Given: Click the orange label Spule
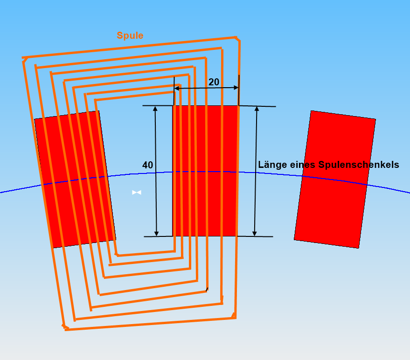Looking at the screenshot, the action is (x=130, y=35).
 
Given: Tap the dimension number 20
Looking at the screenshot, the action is (x=214, y=82).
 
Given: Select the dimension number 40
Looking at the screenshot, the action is (x=148, y=165).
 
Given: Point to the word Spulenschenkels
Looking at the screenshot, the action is (x=359, y=165).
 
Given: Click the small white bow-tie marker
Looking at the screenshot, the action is (x=137, y=193).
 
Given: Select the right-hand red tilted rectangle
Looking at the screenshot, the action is (x=335, y=180).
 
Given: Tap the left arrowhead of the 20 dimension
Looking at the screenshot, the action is (x=176, y=88).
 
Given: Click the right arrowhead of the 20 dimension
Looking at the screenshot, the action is (x=236, y=88).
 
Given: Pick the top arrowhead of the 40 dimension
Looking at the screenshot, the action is (x=155, y=109).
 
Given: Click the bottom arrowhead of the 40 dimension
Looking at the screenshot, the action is (x=156, y=234).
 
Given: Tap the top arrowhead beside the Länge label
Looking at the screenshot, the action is (x=257, y=109).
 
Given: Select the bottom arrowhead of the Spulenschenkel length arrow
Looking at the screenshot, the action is (x=254, y=234).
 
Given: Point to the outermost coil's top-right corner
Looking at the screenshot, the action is (x=238, y=39).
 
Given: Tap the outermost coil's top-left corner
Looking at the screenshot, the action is (x=23, y=59).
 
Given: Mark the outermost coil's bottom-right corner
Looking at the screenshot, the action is (x=235, y=317).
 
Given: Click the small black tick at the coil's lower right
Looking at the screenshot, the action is (x=207, y=290).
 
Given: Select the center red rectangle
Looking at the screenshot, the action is (x=206, y=171).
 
